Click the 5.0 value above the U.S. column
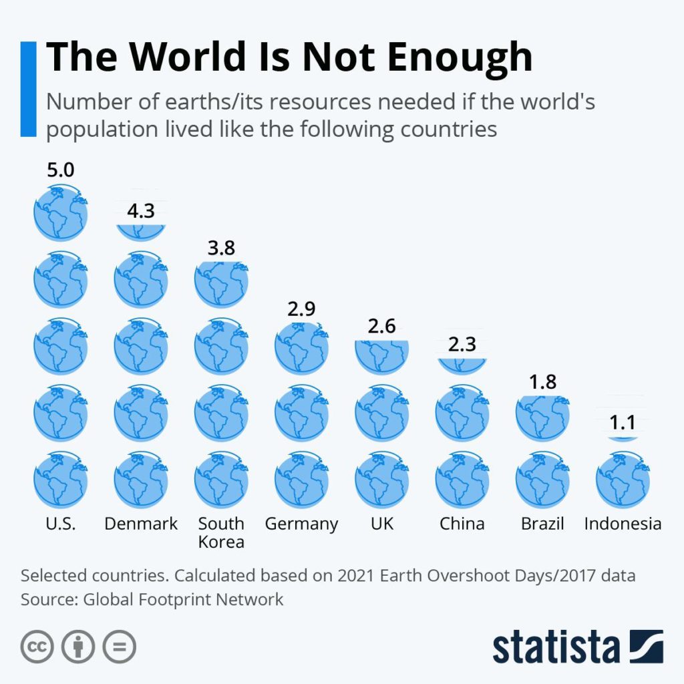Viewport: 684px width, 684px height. tap(60, 170)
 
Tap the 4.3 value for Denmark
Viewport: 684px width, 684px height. tap(140, 211)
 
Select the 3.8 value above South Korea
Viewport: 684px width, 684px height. tap(221, 248)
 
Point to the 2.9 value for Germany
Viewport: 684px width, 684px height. tap(301, 309)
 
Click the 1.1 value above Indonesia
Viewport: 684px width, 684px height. tap(622, 422)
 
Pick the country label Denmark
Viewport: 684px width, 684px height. tap(141, 523)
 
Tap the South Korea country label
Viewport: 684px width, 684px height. tap(221, 532)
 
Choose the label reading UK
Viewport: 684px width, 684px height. tap(382, 523)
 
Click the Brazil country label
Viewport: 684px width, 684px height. tap(542, 523)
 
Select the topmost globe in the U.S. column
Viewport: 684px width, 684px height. tap(60, 213)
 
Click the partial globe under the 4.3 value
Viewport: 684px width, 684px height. tap(140, 230)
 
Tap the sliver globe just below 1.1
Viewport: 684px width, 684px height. tap(622, 439)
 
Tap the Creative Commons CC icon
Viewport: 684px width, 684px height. tap(37, 647)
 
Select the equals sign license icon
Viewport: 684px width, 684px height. tap(119, 647)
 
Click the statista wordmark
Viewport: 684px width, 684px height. tap(556, 647)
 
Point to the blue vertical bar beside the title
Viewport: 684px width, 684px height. tap(28, 89)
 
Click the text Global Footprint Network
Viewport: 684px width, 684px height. tap(183, 599)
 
